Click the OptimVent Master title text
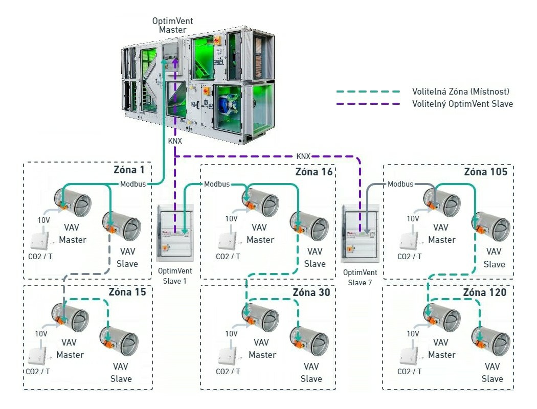[x=173, y=25]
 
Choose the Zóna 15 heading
[x=127, y=292]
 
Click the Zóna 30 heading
[x=311, y=292]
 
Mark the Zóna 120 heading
[x=485, y=292]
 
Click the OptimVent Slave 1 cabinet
[x=175, y=233]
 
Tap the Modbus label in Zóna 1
[x=133, y=184]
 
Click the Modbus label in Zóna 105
[x=400, y=184]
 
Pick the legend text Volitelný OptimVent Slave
[x=463, y=104]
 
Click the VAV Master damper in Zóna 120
[x=441, y=316]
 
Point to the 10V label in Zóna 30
[x=231, y=334]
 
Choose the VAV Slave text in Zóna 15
[x=121, y=373]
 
